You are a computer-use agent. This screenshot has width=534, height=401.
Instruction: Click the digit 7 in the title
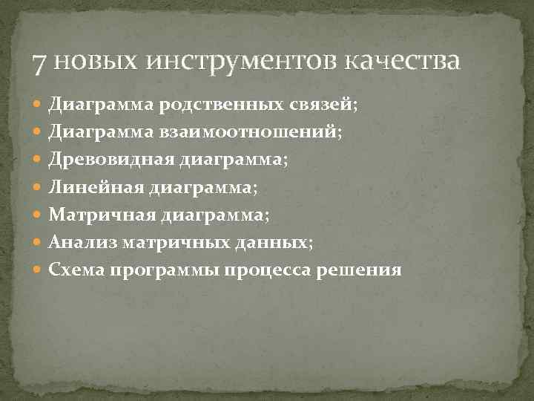click(42, 61)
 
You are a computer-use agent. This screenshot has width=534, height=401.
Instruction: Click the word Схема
click(76, 270)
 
